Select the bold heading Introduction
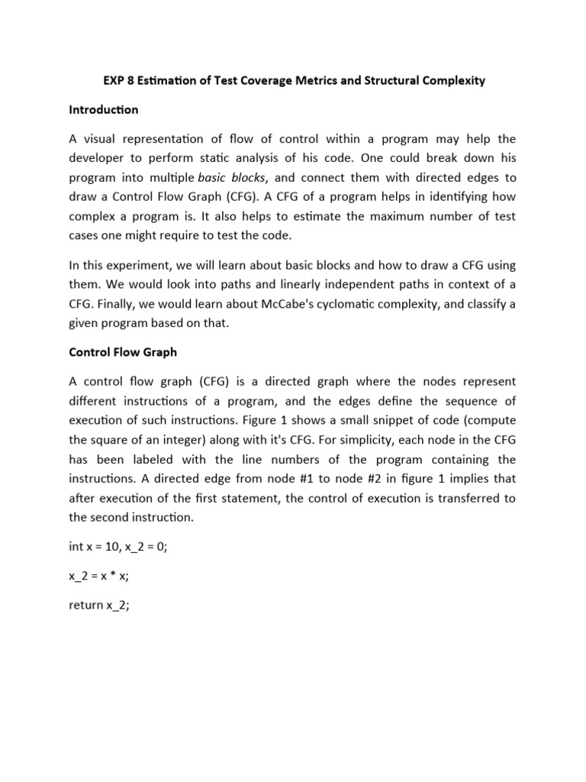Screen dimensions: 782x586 [x=104, y=110]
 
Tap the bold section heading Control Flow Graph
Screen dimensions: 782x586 [x=123, y=352]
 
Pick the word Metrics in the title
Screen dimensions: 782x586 [x=308, y=80]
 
